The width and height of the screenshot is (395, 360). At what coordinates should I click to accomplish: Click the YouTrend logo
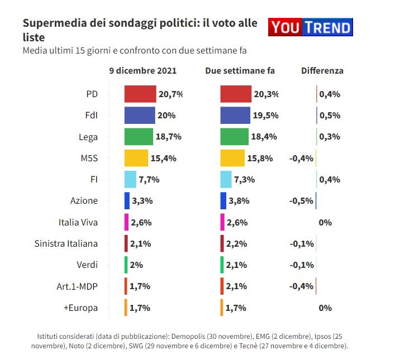tap(311, 27)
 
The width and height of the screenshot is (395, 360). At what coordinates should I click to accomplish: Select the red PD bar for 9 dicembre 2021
tap(140, 94)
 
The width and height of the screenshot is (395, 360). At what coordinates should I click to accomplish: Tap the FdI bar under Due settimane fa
tap(235, 115)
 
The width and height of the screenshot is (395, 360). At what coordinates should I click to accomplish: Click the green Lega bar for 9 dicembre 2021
tap(138, 137)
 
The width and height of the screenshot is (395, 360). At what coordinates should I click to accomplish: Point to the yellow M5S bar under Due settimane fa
tap(232, 158)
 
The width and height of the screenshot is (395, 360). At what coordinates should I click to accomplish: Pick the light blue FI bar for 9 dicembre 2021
tap(130, 179)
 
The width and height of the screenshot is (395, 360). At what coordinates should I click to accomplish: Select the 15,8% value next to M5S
tap(260, 158)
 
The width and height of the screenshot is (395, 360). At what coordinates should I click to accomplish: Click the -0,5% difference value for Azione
tap(301, 201)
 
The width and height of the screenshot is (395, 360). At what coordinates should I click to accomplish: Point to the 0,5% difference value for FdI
tap(330, 116)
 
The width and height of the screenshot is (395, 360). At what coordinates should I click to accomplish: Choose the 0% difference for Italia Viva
tap(325, 222)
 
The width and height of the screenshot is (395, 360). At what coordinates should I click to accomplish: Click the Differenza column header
tap(322, 71)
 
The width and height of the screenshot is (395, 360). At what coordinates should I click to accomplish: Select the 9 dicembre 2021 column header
tap(143, 71)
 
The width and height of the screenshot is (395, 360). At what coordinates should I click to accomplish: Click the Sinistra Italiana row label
tap(66, 243)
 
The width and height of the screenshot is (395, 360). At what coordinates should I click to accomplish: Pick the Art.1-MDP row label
tap(76, 286)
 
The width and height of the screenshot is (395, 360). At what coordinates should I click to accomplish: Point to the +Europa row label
tap(82, 308)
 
